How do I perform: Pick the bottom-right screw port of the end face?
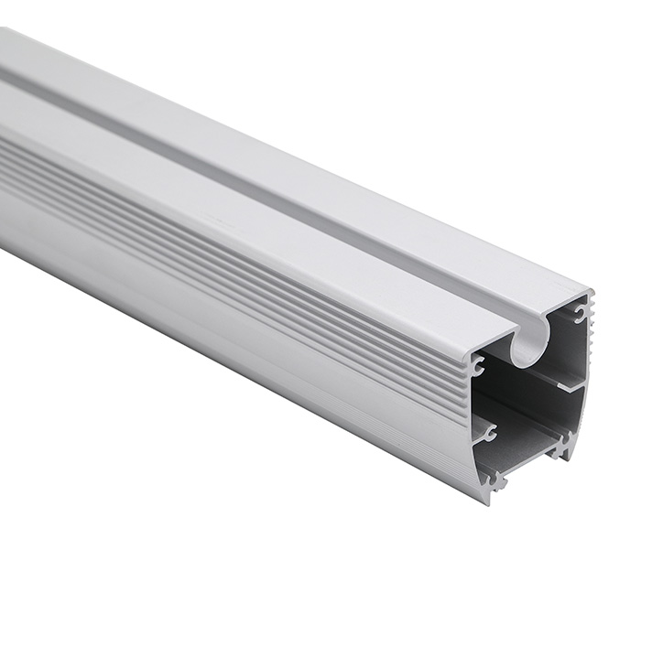pos(560,448)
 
